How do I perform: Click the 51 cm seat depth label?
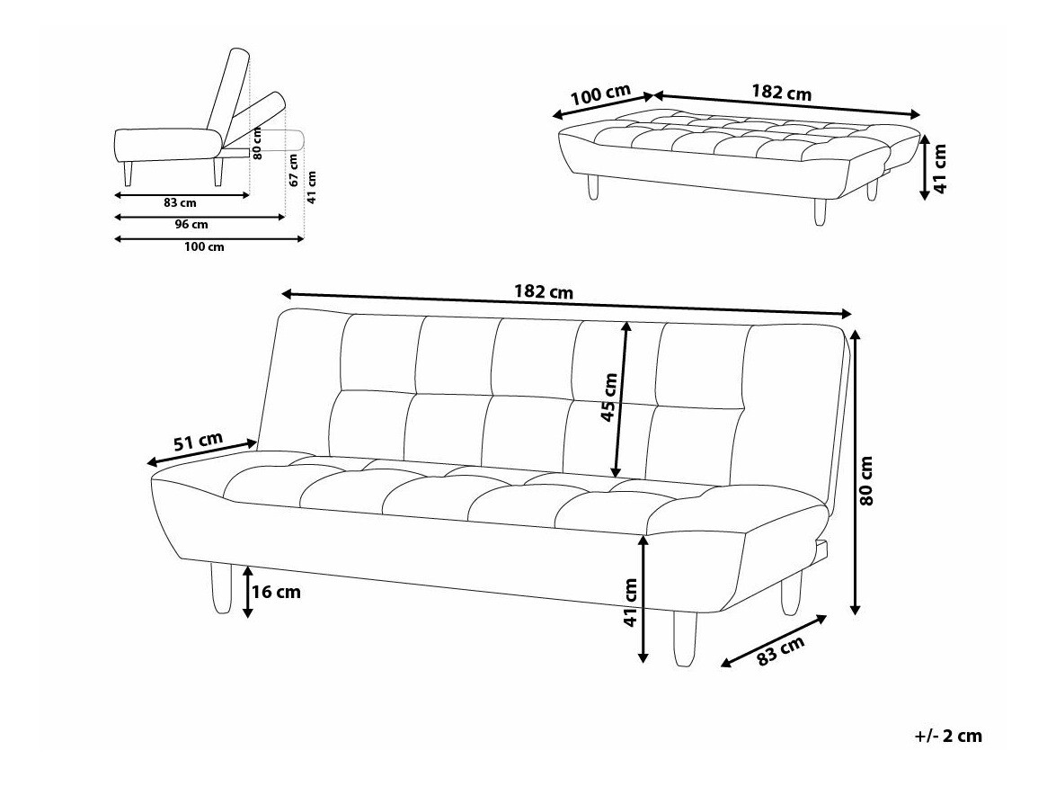pyautogui.click(x=198, y=442)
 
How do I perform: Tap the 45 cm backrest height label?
pyautogui.click(x=609, y=397)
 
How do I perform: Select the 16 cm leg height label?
pyautogui.click(x=276, y=592)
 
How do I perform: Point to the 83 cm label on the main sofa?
pyautogui.click(x=780, y=649)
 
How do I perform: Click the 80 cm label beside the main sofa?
pyautogui.click(x=866, y=480)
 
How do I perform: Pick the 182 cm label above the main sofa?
pyautogui.click(x=544, y=292)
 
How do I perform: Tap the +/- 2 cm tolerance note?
pyautogui.click(x=948, y=736)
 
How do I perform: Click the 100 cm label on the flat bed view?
pyautogui.click(x=601, y=95)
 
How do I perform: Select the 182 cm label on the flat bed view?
pyautogui.click(x=781, y=93)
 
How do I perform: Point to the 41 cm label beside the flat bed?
pyautogui.click(x=939, y=168)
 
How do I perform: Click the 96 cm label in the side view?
pyautogui.click(x=191, y=225)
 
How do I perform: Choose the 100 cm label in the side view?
pyautogui.click(x=204, y=247)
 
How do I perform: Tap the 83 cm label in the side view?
pyautogui.click(x=180, y=202)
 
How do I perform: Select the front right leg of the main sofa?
pyautogui.click(x=685, y=639)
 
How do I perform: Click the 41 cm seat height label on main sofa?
pyautogui.click(x=630, y=603)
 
